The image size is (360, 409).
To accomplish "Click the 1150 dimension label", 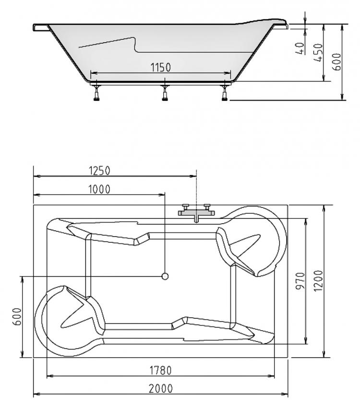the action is pyautogui.click(x=160, y=67).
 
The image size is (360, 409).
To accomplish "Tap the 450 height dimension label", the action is pyautogui.click(x=319, y=53).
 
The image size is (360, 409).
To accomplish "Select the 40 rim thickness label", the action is pyautogui.click(x=301, y=48).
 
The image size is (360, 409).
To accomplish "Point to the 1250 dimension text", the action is pyautogui.click(x=99, y=170).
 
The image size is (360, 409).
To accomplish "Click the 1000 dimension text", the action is pyautogui.click(x=99, y=189).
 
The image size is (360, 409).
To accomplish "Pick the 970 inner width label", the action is pyautogui.click(x=300, y=281).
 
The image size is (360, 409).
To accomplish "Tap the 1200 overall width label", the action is pyautogui.click(x=319, y=281).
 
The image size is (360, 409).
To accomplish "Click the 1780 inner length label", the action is pyautogui.click(x=160, y=370).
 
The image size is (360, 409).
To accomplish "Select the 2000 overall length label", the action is pyautogui.click(x=161, y=388).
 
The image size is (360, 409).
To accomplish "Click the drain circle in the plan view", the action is pyautogui.click(x=165, y=276).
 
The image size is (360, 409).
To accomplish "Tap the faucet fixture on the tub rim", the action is pyautogui.click(x=196, y=213).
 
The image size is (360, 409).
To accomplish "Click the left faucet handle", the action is pyautogui.click(x=186, y=207).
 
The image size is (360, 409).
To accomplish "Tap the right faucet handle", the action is pyautogui.click(x=207, y=207).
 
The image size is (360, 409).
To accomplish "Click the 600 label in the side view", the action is pyautogui.click(x=337, y=62).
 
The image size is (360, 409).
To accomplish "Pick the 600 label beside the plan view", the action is pyautogui.click(x=17, y=317).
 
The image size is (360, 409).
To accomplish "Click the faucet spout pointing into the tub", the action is pyautogui.click(x=196, y=219).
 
